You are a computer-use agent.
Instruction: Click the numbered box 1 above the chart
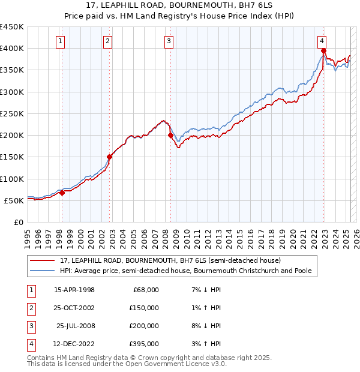61,41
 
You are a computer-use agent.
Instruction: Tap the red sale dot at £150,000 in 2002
109,157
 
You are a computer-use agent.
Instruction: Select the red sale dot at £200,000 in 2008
170,136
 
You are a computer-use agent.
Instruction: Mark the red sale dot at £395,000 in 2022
323,51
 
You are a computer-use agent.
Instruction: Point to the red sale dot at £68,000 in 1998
62,193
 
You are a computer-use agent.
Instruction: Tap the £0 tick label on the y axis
18,222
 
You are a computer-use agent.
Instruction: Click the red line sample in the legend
42,260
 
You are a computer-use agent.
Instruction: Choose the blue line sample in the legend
42,271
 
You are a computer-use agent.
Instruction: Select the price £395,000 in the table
145,344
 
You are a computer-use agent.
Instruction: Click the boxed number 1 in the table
31,290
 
